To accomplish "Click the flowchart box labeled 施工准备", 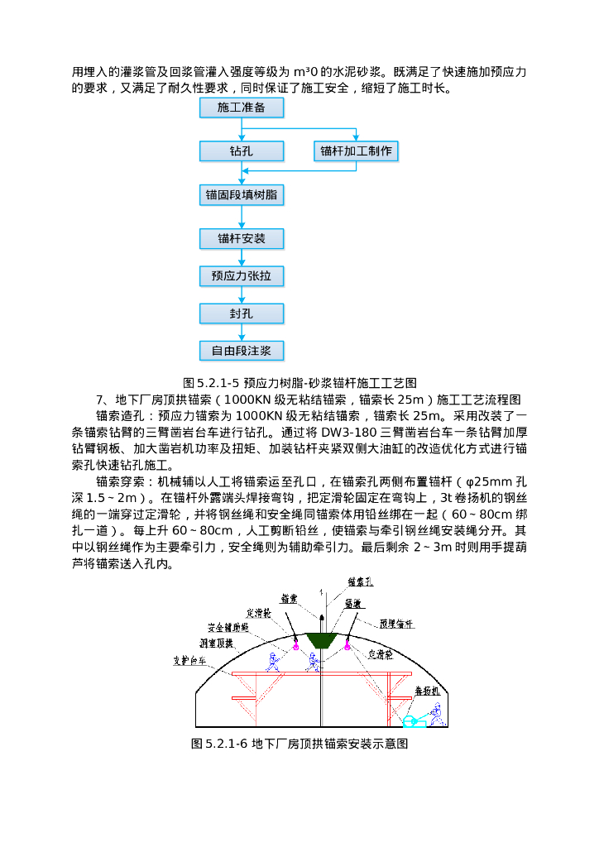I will click(242, 108).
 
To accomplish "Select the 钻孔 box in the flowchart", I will click(242, 151).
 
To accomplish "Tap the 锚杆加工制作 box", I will click(357, 151).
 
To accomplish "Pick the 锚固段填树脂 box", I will click(242, 195).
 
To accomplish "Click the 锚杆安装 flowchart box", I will click(242, 239).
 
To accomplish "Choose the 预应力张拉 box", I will click(242, 275).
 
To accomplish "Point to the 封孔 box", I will click(242, 313).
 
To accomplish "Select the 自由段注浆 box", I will click(242, 351).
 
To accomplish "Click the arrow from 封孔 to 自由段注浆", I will click(242, 332).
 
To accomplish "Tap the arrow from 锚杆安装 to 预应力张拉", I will click(242, 257).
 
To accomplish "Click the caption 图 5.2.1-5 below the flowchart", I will click(299, 382).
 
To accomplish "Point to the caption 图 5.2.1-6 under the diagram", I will click(299, 744).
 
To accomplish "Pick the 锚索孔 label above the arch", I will click(360, 583).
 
